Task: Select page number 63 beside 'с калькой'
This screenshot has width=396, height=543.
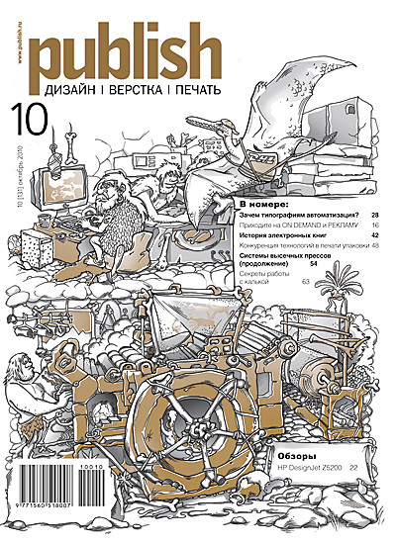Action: click(x=306, y=282)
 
